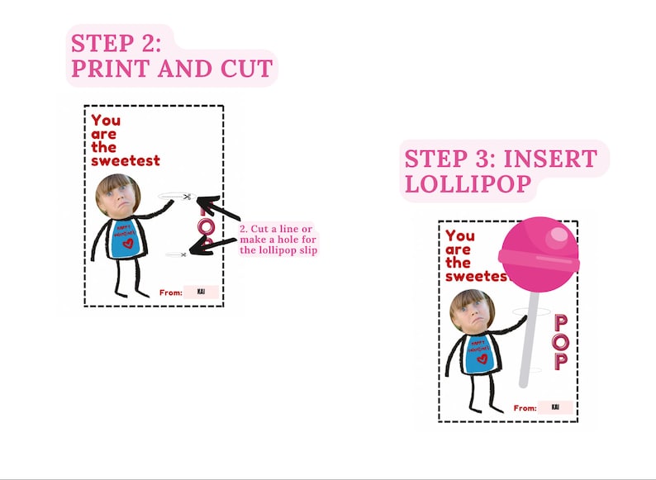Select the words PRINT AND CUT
pos(171,69)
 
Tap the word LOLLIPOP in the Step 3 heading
pos(467,183)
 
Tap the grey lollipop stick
pos(529,339)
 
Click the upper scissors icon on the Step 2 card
pos(188,197)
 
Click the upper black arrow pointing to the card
pos(216,210)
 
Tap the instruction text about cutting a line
pos(278,239)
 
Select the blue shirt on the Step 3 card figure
pos(478,354)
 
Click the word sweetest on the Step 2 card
pos(125,160)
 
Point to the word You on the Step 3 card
pos(460,236)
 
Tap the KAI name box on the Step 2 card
pos(201,292)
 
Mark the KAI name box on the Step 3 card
pos(554,406)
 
